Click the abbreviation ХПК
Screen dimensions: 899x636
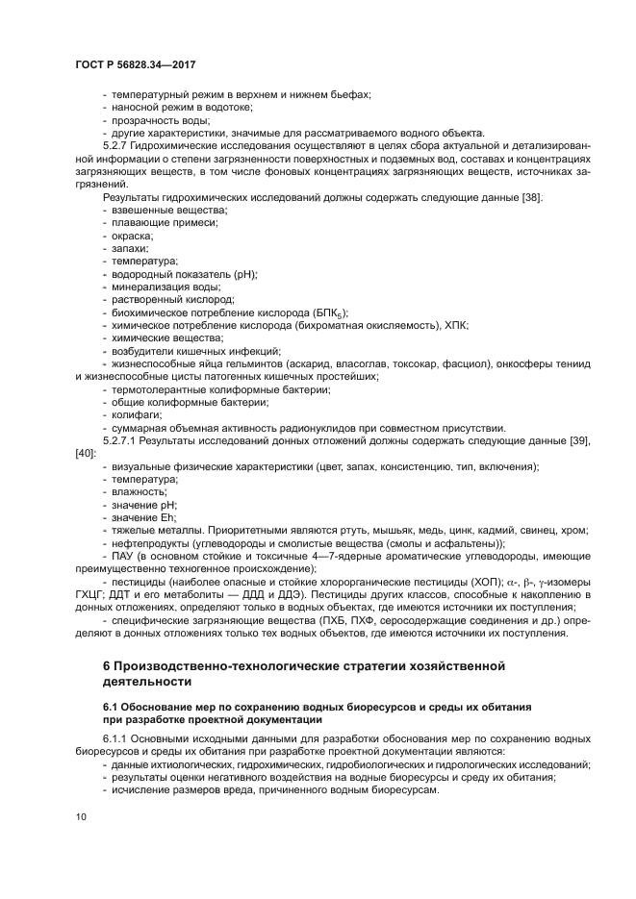(456, 326)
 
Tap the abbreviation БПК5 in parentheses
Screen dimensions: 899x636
(327, 313)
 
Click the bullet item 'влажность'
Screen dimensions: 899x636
(138, 492)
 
